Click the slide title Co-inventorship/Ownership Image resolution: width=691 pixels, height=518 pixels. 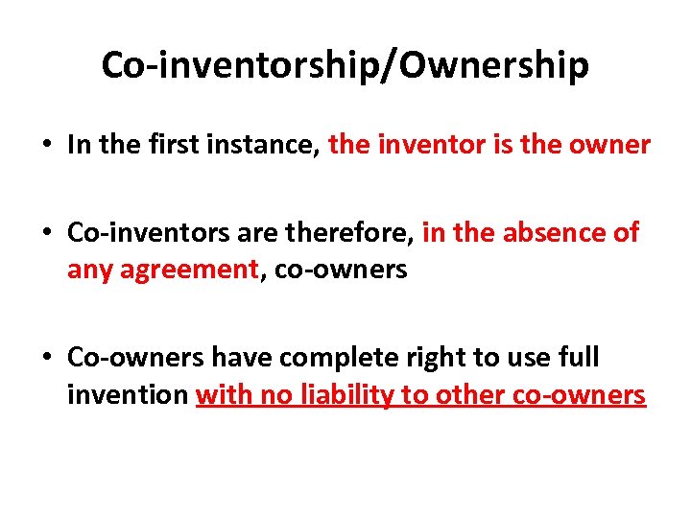[345, 65]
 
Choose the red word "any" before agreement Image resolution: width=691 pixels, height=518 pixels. [89, 271]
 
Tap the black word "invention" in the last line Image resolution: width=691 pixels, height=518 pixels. [128, 394]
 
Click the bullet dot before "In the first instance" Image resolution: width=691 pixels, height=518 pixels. [45, 146]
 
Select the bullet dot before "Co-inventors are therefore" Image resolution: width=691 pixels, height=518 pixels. [45, 234]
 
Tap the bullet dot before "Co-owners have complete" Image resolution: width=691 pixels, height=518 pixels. [45, 359]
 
